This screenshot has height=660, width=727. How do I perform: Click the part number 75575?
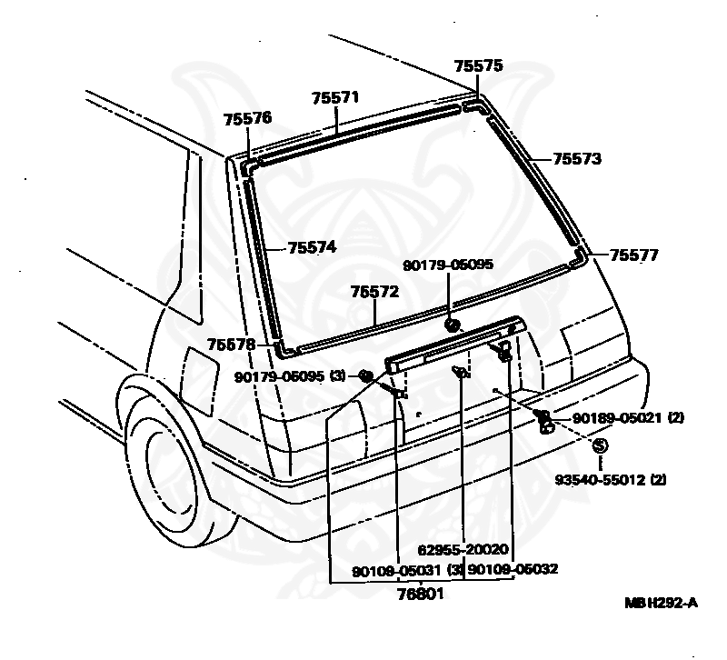pos(478,66)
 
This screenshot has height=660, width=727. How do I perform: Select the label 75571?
pos(335,97)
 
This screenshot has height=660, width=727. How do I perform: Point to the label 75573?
pos(577,158)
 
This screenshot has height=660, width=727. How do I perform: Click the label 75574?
pos(312,247)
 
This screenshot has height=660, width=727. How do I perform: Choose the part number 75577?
pos(633,255)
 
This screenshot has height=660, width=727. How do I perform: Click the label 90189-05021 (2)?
pos(628,418)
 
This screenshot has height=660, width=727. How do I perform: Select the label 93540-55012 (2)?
pos(611,479)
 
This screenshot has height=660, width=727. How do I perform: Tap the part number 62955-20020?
pos(463,550)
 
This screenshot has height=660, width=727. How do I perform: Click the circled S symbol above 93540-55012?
pos(599,445)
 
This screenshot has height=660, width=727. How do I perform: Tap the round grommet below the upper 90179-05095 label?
pos(452,325)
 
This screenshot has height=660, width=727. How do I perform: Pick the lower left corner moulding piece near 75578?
pos(284,348)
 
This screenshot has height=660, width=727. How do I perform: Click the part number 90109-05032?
pos(513,569)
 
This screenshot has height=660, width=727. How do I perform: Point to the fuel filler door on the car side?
pos(199,373)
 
